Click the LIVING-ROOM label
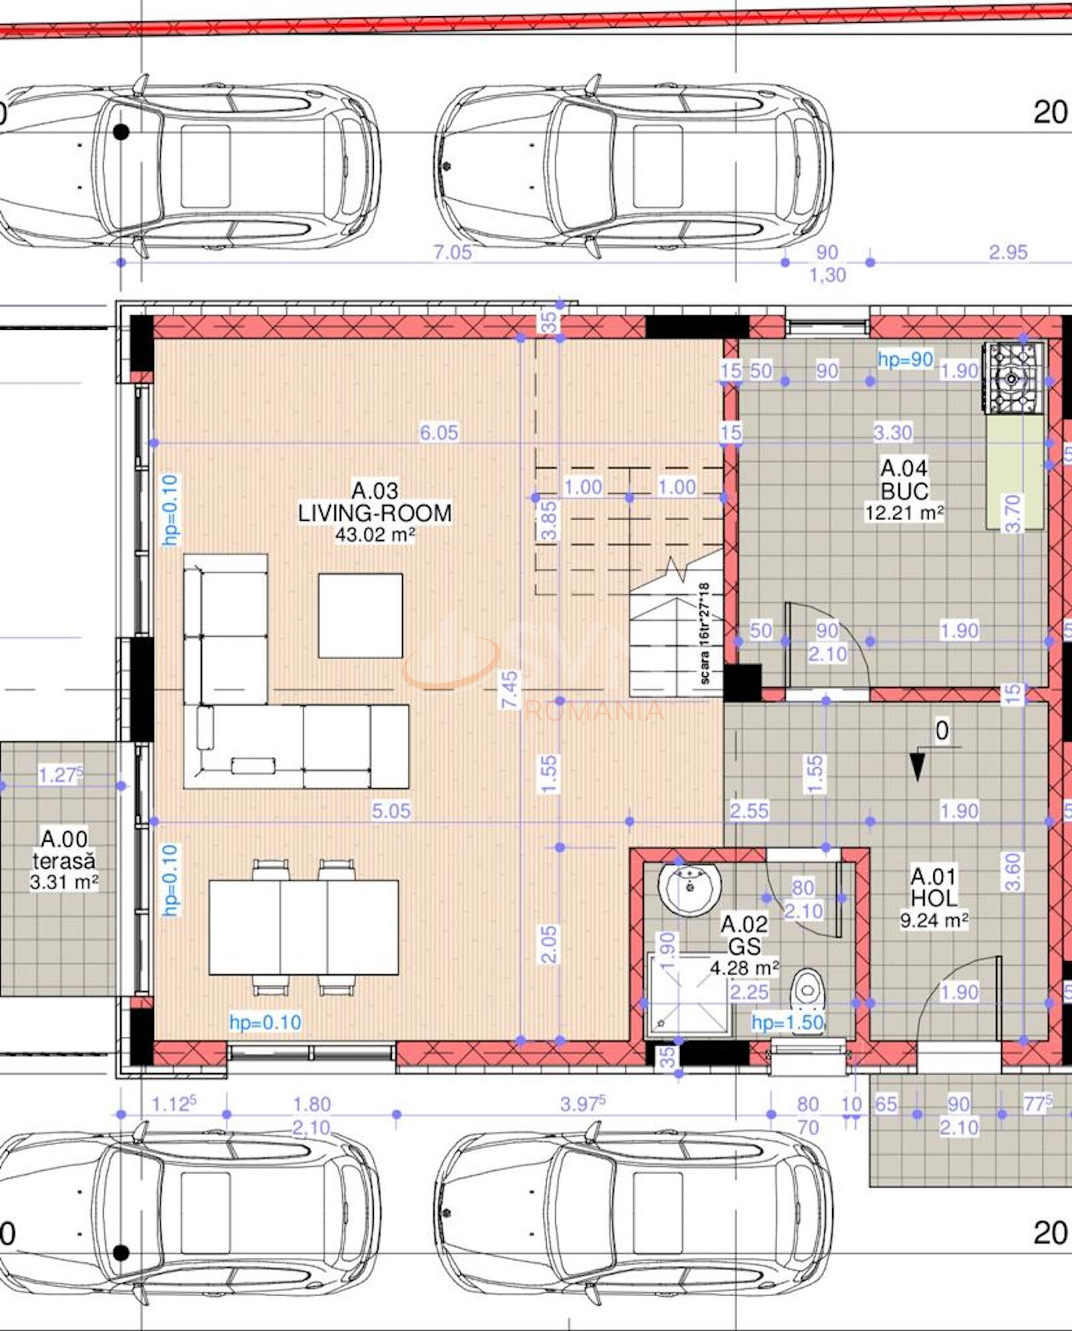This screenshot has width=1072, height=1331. (x=375, y=513)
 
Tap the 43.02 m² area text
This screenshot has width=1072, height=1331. (x=375, y=535)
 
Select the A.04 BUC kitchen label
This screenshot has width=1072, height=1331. (x=904, y=480)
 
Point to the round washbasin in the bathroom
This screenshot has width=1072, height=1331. (x=690, y=888)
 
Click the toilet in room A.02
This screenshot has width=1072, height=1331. (x=807, y=989)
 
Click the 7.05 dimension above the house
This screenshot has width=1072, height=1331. (x=452, y=252)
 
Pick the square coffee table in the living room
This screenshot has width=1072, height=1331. (x=360, y=615)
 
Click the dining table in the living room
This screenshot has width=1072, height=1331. (x=304, y=928)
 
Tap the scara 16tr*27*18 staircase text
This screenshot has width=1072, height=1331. (x=704, y=633)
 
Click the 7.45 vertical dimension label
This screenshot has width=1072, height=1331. (x=510, y=689)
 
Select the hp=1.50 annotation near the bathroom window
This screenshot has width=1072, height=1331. (x=787, y=1023)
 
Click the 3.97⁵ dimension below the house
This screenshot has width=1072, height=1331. (x=583, y=1103)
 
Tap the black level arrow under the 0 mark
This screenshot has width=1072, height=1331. (x=917, y=767)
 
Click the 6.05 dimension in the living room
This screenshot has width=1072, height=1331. (x=439, y=432)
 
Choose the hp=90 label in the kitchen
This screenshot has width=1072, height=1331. (x=905, y=360)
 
